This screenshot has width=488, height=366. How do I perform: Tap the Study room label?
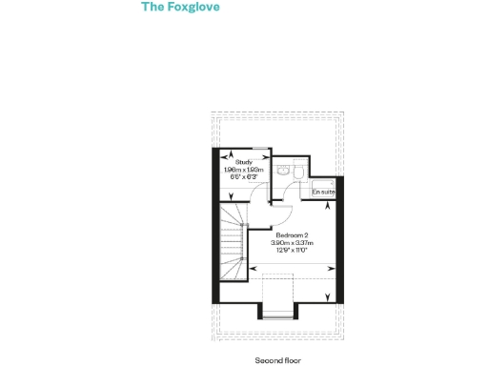[243, 162]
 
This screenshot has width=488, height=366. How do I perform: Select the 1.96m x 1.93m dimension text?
[243, 170]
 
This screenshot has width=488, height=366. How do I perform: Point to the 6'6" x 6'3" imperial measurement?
[243, 177]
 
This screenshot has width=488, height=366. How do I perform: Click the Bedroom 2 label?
[292, 234]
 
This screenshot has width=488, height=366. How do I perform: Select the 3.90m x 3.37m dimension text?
[292, 242]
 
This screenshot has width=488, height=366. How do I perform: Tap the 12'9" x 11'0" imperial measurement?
[292, 250]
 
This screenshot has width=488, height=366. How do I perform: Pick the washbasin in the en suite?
[284, 170]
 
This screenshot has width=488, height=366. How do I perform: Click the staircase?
[233, 243]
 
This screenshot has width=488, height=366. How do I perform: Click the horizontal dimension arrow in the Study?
[245, 153]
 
